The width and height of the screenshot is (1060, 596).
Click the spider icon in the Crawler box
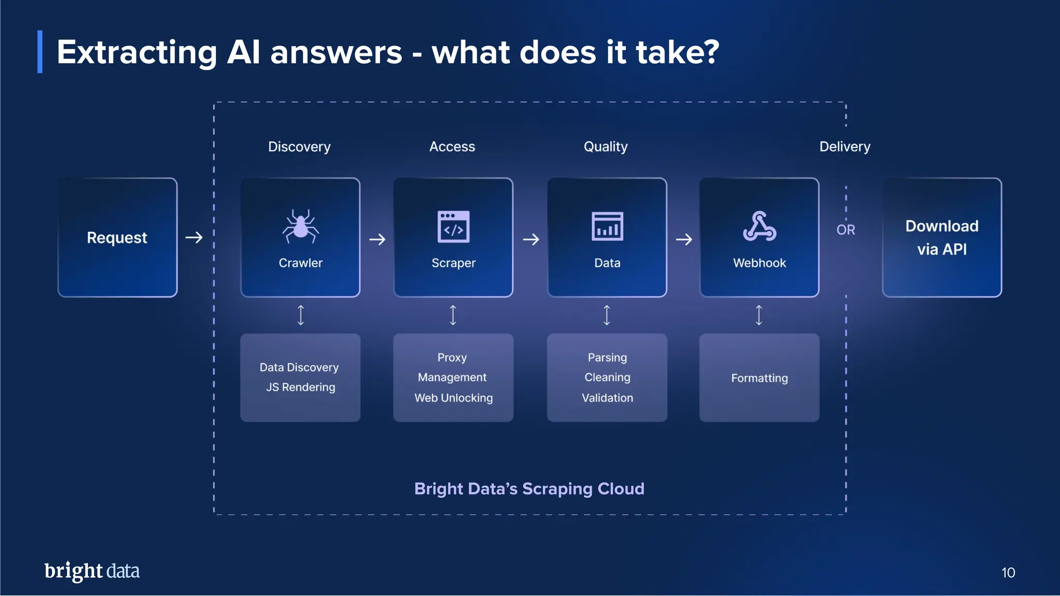click(x=300, y=227)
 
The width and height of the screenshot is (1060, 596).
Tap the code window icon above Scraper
click(x=453, y=227)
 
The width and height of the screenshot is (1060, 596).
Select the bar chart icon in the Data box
click(x=607, y=227)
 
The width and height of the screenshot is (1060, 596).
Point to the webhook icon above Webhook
click(x=759, y=227)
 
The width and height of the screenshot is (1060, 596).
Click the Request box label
click(x=117, y=237)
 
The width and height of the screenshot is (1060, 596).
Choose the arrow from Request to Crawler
click(x=194, y=237)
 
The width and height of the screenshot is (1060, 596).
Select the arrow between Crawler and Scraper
click(x=377, y=240)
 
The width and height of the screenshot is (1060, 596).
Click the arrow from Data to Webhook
click(x=684, y=240)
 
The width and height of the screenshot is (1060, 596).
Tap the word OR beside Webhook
click(x=846, y=230)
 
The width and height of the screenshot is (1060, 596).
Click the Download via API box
click(x=941, y=237)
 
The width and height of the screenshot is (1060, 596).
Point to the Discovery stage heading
click(x=299, y=147)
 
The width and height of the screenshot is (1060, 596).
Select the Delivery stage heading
click(x=845, y=147)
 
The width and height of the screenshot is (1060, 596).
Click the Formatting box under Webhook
click(x=759, y=378)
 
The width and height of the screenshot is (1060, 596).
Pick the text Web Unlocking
click(x=453, y=398)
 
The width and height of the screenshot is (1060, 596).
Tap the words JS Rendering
click(x=300, y=387)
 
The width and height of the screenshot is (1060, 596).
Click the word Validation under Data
click(x=607, y=398)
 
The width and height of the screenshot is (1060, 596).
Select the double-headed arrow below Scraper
click(x=453, y=315)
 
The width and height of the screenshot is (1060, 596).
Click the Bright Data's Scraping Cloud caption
click(x=529, y=489)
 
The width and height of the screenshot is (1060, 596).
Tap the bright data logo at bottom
click(x=92, y=571)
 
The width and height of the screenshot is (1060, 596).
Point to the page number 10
click(x=1008, y=573)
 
